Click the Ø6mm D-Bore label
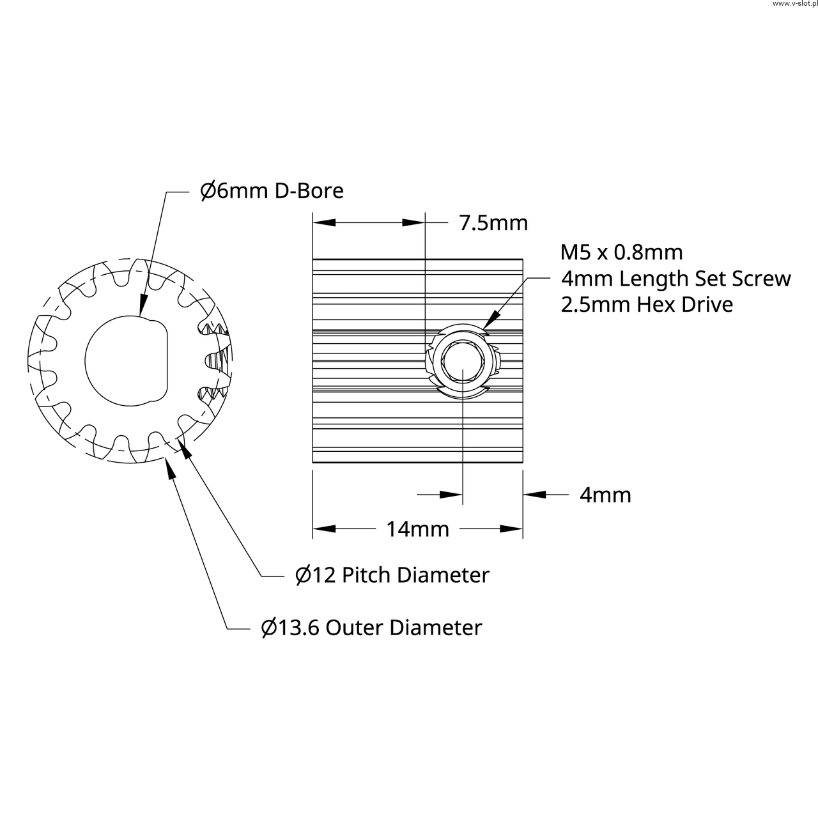tap(272, 191)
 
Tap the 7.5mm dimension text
tap(493, 223)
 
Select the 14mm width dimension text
tap(418, 529)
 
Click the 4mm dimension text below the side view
tap(606, 495)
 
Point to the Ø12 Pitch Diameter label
tap(392, 575)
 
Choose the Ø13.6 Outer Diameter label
tap(371, 628)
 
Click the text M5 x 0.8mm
tap(621, 252)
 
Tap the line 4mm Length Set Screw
tap(676, 279)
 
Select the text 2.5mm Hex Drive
tap(647, 305)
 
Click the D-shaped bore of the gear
tap(126, 361)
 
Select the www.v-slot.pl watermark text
tap(794, 4)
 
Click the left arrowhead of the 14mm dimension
tap(324, 529)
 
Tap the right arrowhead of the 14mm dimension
tap(511, 529)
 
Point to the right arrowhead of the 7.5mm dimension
tap(413, 223)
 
